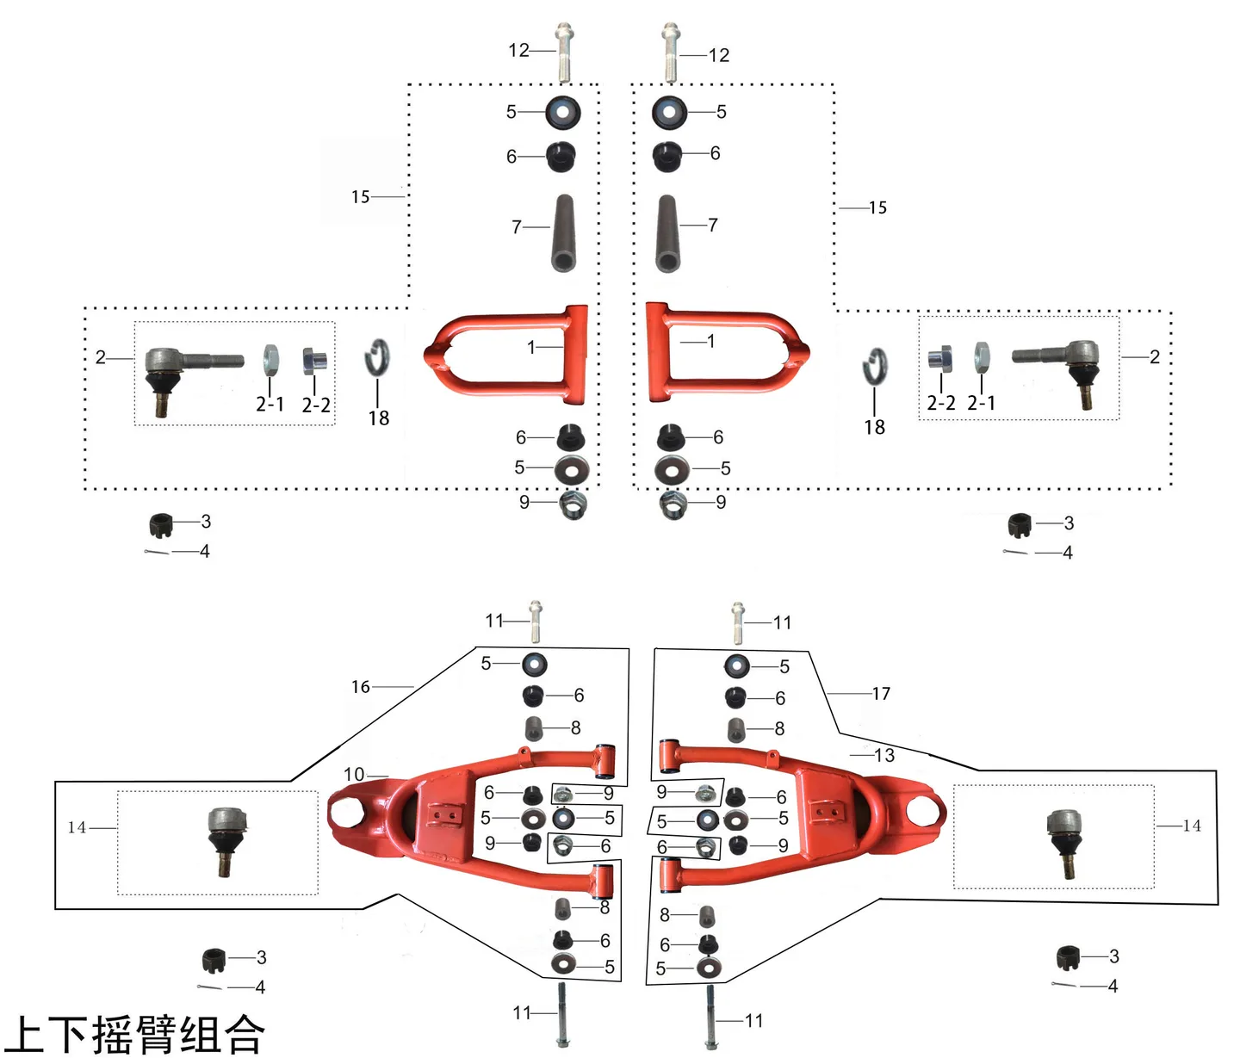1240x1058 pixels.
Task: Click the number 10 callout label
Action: pyautogui.click(x=354, y=774)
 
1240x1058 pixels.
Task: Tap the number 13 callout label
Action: pyautogui.click(x=885, y=755)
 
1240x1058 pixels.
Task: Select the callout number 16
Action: pyautogui.click(x=361, y=687)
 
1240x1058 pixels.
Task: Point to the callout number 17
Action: pyautogui.click(x=881, y=694)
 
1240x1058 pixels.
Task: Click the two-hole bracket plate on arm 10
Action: pyautogui.click(x=443, y=816)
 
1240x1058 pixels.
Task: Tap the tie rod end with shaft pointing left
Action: pyautogui.click(x=1059, y=372)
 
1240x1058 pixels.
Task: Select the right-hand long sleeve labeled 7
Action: pyautogui.click(x=667, y=232)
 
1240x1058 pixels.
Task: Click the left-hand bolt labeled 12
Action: pyautogui.click(x=564, y=53)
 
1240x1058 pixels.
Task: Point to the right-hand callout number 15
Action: pyautogui.click(x=877, y=207)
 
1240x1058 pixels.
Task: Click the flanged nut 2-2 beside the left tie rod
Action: pyautogui.click(x=314, y=361)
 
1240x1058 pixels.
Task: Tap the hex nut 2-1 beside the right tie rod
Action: pyautogui.click(x=982, y=357)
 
